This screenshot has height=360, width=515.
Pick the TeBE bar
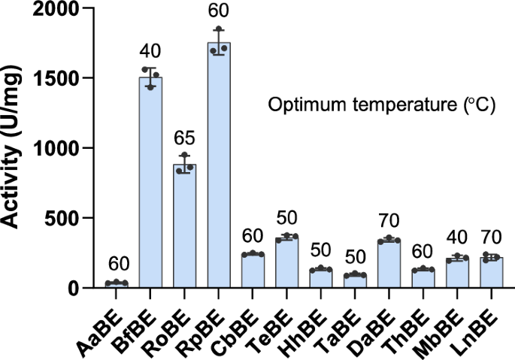click(x=286, y=263)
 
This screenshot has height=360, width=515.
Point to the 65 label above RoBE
click(x=185, y=139)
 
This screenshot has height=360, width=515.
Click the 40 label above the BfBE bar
click(x=150, y=53)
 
